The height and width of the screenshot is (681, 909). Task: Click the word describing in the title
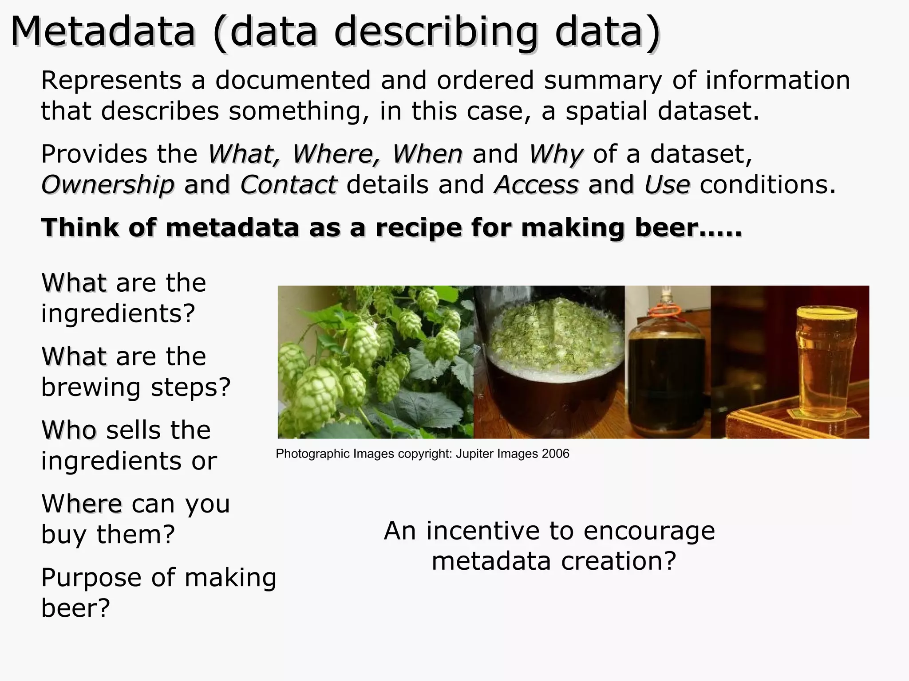coord(435,32)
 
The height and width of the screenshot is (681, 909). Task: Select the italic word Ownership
coord(107,184)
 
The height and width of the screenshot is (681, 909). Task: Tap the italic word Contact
coord(289,184)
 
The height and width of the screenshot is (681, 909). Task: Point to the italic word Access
coord(537,184)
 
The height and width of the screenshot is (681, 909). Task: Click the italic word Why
coord(556,154)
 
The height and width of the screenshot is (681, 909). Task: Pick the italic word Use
coord(667,184)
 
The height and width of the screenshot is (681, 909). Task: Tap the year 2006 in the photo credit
coord(555,454)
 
